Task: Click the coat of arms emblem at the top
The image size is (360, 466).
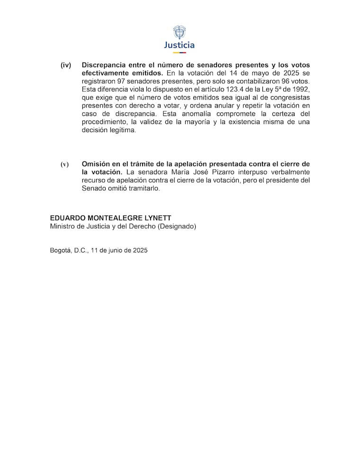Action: click(x=179, y=32)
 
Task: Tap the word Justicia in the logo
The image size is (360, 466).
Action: click(x=179, y=45)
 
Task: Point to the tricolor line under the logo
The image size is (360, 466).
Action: click(x=179, y=53)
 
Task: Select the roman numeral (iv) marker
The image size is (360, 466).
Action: click(x=65, y=65)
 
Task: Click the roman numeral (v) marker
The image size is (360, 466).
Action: click(x=64, y=164)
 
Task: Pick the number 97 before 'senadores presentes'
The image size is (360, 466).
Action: click(x=122, y=81)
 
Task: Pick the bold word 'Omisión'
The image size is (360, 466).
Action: click(x=96, y=164)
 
